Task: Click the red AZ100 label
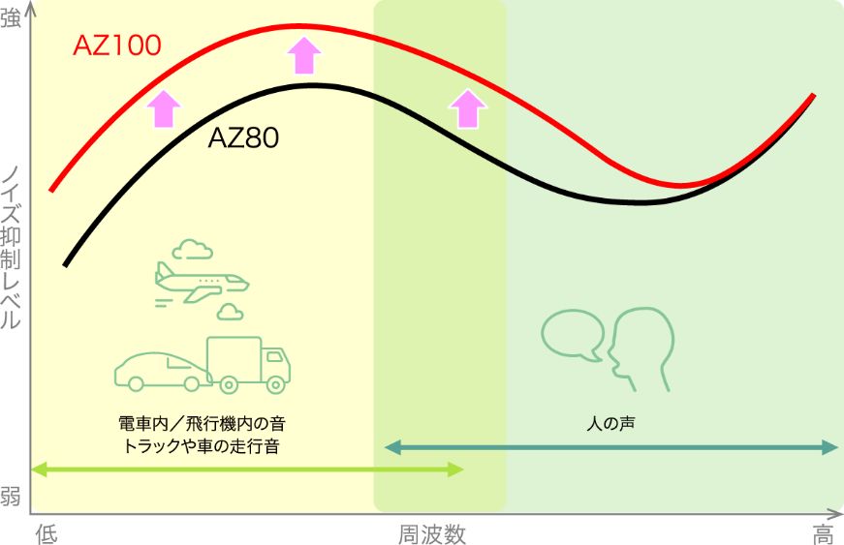pos(117,45)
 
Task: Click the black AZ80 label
pos(243,137)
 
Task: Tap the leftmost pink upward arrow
pos(164,109)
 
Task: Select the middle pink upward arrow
pos(304,55)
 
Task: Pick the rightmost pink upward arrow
pos(468,109)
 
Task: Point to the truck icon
pos(249,364)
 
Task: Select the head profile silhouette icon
pos(641,348)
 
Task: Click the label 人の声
pos(610,424)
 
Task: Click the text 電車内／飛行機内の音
pos(202,424)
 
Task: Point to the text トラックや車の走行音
pos(202,446)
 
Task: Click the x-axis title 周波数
pos(431,534)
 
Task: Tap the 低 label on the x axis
pos(47,534)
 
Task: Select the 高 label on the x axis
pos(823,534)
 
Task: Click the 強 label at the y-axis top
pos(11,17)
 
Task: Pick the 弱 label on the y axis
pos(11,496)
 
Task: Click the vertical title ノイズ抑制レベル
pos(11,248)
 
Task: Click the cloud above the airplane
pos(192,250)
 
